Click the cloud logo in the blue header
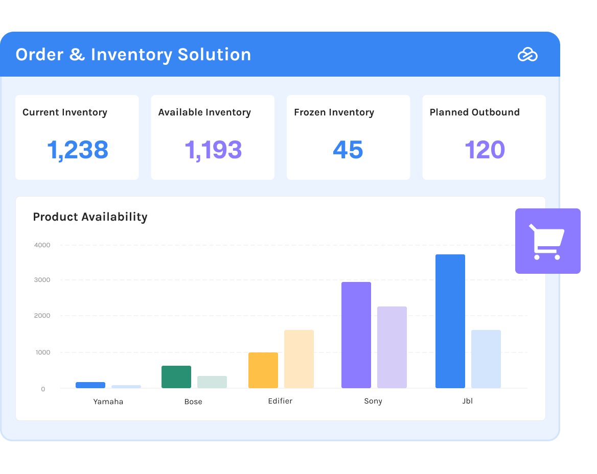tap(527, 55)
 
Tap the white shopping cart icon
tap(547, 242)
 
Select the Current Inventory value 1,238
tap(78, 150)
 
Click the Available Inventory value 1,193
tap(213, 150)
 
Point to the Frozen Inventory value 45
tap(348, 150)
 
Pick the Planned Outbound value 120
tap(485, 150)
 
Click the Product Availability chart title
tap(90, 217)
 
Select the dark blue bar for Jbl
tap(450, 321)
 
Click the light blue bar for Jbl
tap(486, 359)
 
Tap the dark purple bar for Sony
tap(356, 335)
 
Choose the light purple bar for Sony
tap(392, 347)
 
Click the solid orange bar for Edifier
tap(263, 370)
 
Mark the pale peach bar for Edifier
tap(299, 359)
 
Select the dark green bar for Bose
tap(176, 377)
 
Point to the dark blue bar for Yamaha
tap(90, 385)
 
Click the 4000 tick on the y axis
tap(42, 245)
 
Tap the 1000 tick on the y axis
tap(42, 352)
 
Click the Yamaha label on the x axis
tap(108, 401)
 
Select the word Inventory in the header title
tap(132, 55)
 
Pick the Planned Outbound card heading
tap(474, 112)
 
